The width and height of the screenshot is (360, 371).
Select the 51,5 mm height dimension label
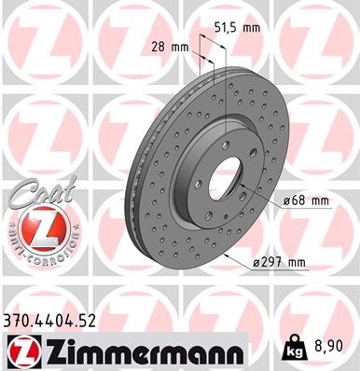tap(236, 28)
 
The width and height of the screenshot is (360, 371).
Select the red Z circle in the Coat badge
tap(41, 225)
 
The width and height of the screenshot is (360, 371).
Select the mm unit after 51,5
tap(252, 28)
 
